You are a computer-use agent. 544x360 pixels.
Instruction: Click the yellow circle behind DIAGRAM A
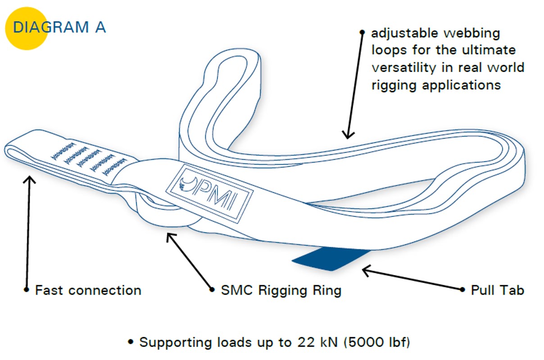pos(26,28)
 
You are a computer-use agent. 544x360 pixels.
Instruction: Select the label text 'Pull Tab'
pos(497,290)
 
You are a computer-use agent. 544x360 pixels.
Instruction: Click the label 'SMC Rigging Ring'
pos(281,291)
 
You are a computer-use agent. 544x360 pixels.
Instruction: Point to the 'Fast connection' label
pos(88,290)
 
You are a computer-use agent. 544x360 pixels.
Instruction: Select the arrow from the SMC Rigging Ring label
pos(189,261)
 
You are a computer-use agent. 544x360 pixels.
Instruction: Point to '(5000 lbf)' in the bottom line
pos(376,342)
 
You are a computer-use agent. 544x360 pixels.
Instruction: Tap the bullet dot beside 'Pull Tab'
pos(462,290)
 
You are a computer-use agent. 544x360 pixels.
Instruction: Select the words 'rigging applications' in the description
pos(436,85)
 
